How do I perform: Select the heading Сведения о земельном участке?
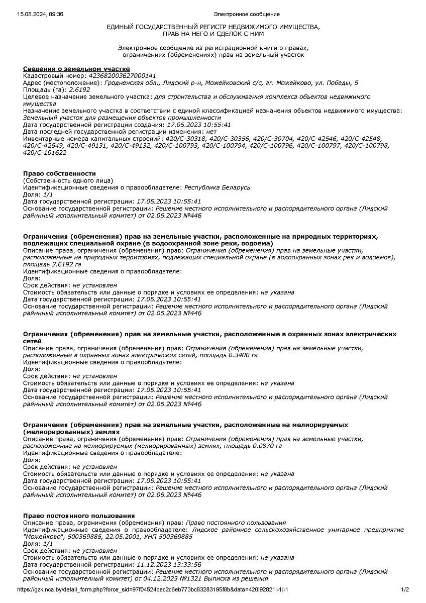coord(76,69)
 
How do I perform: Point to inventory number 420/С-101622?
coord(45,153)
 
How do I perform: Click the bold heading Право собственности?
coord(59,173)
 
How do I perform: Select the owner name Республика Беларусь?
coord(217,187)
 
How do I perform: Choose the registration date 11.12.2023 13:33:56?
coord(169,564)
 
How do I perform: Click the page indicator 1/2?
coord(405,589)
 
